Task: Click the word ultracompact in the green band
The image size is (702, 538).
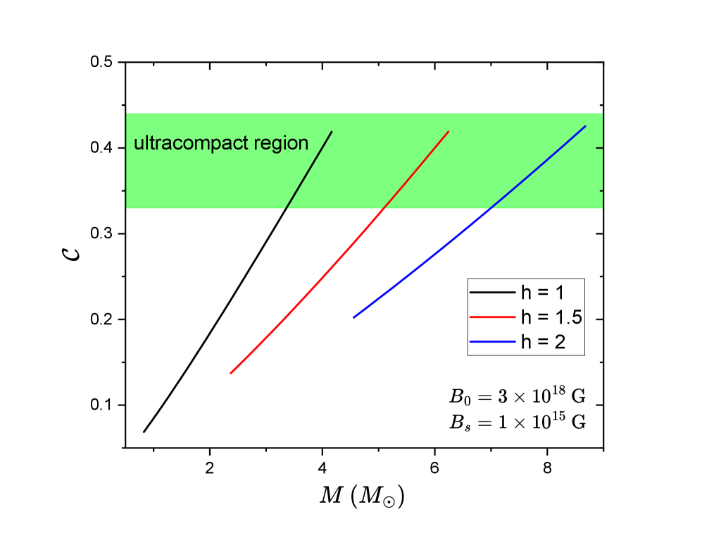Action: (189, 144)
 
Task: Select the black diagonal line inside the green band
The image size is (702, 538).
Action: (309, 170)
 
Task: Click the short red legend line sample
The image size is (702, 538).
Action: (492, 317)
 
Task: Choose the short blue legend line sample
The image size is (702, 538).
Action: (492, 341)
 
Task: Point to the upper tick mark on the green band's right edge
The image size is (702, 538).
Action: (599, 148)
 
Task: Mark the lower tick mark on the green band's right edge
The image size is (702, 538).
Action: (601, 190)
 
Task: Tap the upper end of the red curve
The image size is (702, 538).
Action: (449, 132)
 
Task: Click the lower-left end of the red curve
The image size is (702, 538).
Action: (231, 373)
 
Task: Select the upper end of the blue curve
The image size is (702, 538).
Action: (585, 126)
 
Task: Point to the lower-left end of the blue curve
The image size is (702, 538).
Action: (354, 317)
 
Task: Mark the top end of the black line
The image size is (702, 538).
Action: (332, 132)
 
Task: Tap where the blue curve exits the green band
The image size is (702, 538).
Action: (489, 209)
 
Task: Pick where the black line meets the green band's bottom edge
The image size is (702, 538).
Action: (286, 209)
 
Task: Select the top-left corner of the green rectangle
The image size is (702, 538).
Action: (127, 113)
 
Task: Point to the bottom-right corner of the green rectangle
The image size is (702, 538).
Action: (602, 208)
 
